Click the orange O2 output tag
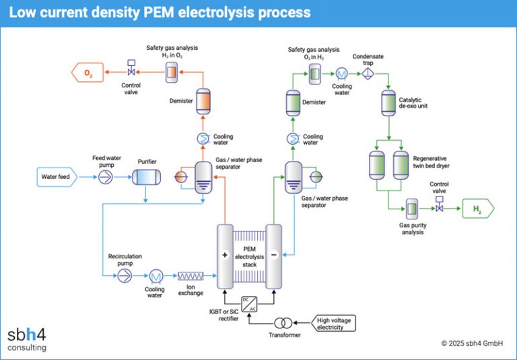point(88,72)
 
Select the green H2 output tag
point(477,209)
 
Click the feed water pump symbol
point(106,178)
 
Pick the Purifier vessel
point(145,178)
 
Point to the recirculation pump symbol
point(125,276)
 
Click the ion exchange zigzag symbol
point(190,276)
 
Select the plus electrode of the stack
point(224,256)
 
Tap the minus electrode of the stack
point(273,256)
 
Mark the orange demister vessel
point(203,100)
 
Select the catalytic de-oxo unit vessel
point(388,102)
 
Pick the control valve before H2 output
point(440,209)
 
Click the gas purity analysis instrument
point(412,209)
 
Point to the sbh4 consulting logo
point(27,338)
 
